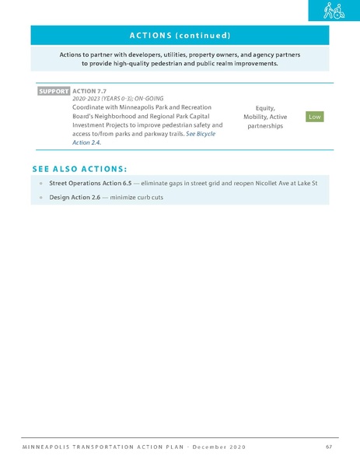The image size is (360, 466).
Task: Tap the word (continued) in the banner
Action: coord(203,35)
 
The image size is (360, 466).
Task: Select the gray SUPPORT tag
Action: coord(53,91)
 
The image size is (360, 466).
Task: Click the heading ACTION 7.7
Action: coord(89,91)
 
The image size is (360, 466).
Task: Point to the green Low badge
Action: coord(314,116)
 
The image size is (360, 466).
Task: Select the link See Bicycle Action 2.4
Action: coord(201,133)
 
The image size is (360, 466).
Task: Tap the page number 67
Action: coord(330,447)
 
